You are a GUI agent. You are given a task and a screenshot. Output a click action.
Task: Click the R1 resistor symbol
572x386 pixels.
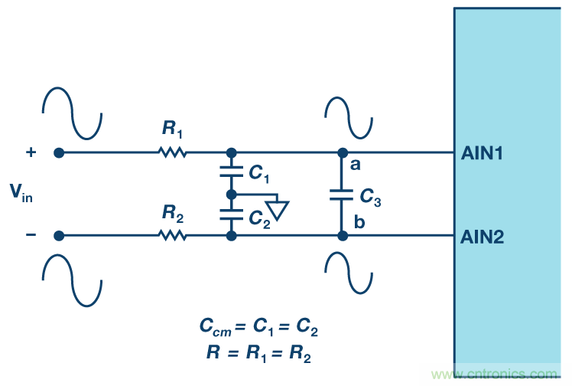[173, 152]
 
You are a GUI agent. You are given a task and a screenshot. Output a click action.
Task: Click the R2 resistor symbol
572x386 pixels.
[173, 235]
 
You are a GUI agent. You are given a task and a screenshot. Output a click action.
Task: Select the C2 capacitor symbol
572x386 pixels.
[231, 214]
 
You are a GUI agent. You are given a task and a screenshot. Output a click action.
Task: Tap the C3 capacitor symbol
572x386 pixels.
[343, 195]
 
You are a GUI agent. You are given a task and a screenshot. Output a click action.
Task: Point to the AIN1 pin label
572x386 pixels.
[483, 153]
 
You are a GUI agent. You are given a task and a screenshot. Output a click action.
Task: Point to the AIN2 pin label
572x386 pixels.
[483, 237]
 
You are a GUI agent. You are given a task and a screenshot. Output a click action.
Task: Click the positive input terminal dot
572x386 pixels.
[59, 152]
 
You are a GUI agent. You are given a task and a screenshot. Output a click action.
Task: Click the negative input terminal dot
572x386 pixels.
[59, 235]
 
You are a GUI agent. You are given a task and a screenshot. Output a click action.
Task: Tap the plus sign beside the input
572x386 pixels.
[31, 152]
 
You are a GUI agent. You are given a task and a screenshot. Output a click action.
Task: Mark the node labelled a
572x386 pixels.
[343, 152]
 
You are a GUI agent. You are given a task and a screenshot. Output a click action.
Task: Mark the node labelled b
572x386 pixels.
[343, 235]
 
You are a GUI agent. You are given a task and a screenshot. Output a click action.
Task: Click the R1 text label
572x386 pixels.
[171, 130]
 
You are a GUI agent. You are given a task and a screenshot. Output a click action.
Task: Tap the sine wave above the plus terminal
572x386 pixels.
[72, 111]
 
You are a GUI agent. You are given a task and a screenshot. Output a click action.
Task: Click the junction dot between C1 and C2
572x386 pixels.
[231, 195]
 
